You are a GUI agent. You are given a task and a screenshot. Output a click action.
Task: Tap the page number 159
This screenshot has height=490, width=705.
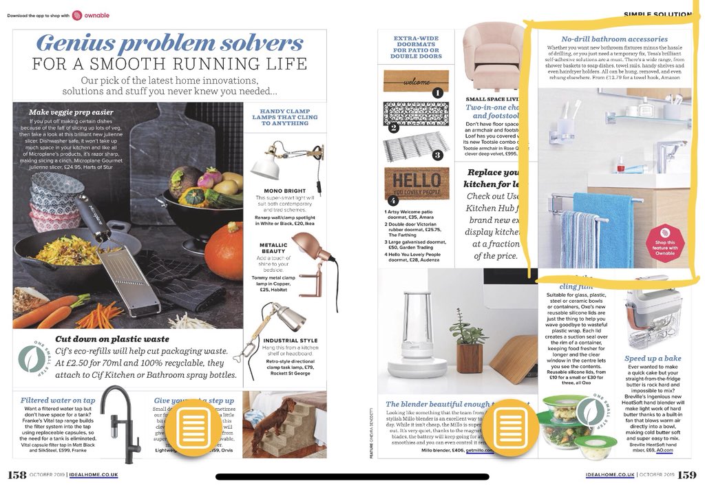686,475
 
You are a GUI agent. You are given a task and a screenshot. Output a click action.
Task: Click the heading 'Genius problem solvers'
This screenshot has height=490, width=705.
169,43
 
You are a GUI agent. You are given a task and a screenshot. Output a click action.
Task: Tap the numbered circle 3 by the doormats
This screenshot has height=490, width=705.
436,155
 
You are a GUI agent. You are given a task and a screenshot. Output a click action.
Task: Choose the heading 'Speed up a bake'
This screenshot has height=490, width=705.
653,359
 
